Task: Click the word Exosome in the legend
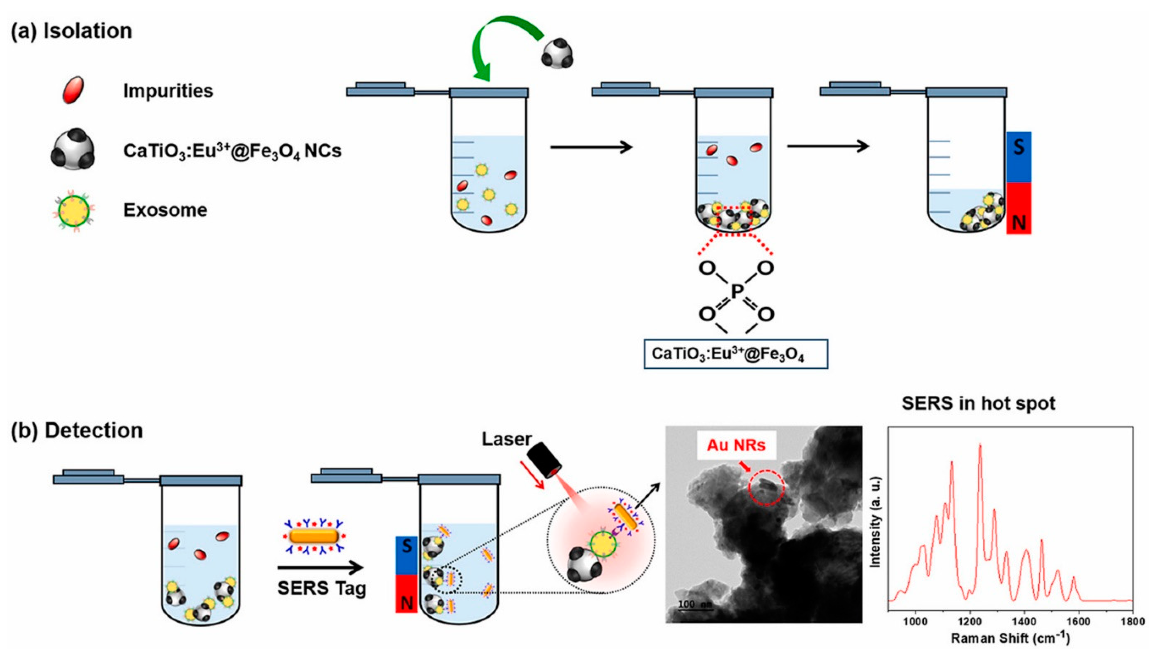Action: pyautogui.click(x=165, y=210)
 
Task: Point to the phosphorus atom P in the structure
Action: pyautogui.click(x=736, y=292)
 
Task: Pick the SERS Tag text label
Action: pyautogui.click(x=322, y=588)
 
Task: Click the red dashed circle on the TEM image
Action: pyautogui.click(x=766, y=488)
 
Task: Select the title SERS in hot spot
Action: pyautogui.click(x=978, y=403)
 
